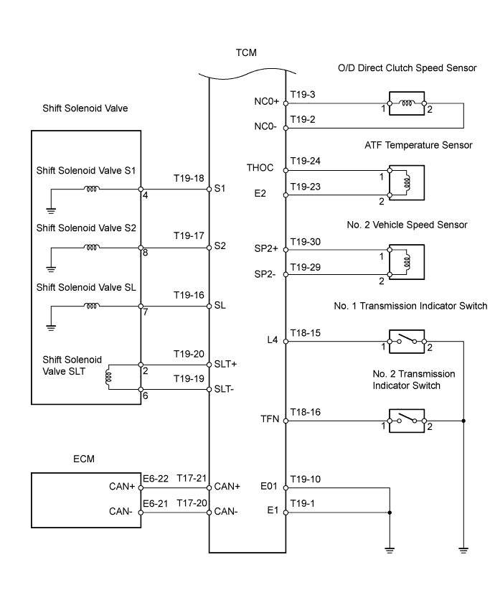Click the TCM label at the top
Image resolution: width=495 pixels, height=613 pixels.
(x=246, y=52)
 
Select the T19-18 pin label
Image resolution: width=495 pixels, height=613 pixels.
(x=189, y=177)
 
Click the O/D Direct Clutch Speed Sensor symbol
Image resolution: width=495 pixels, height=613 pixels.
(x=407, y=103)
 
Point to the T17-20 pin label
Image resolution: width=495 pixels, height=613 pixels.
(x=189, y=503)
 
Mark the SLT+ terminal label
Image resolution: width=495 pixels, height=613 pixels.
(x=227, y=364)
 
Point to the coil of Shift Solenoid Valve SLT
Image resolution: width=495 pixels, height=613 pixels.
(x=109, y=376)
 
